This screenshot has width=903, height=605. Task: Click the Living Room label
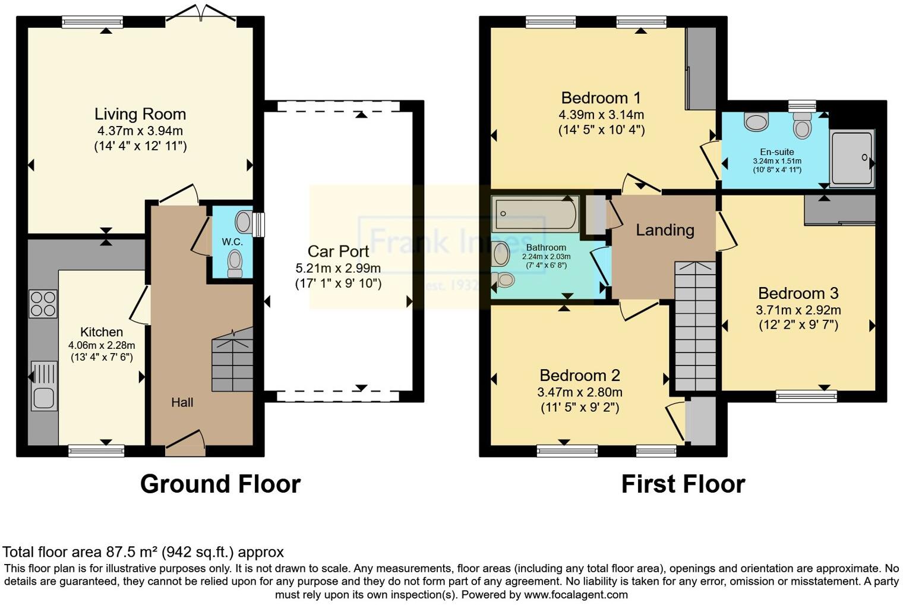click(140, 114)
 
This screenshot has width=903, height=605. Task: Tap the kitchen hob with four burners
click(43, 303)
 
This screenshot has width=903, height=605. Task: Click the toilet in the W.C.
click(235, 262)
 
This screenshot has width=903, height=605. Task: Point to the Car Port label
click(338, 251)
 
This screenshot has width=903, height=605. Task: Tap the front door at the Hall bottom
click(185, 446)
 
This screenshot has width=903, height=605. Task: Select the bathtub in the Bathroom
click(535, 214)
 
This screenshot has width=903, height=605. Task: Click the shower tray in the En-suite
click(851, 157)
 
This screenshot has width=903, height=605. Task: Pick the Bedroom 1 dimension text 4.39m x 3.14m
click(601, 115)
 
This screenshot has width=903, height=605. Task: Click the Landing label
click(665, 230)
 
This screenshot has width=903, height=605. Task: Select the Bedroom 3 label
click(798, 293)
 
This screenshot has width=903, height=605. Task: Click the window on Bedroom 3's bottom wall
click(806, 396)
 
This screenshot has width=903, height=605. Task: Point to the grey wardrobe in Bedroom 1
click(701, 68)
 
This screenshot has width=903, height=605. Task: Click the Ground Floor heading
click(220, 484)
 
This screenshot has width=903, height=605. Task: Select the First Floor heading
click(683, 484)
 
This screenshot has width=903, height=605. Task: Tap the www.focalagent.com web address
click(575, 594)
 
